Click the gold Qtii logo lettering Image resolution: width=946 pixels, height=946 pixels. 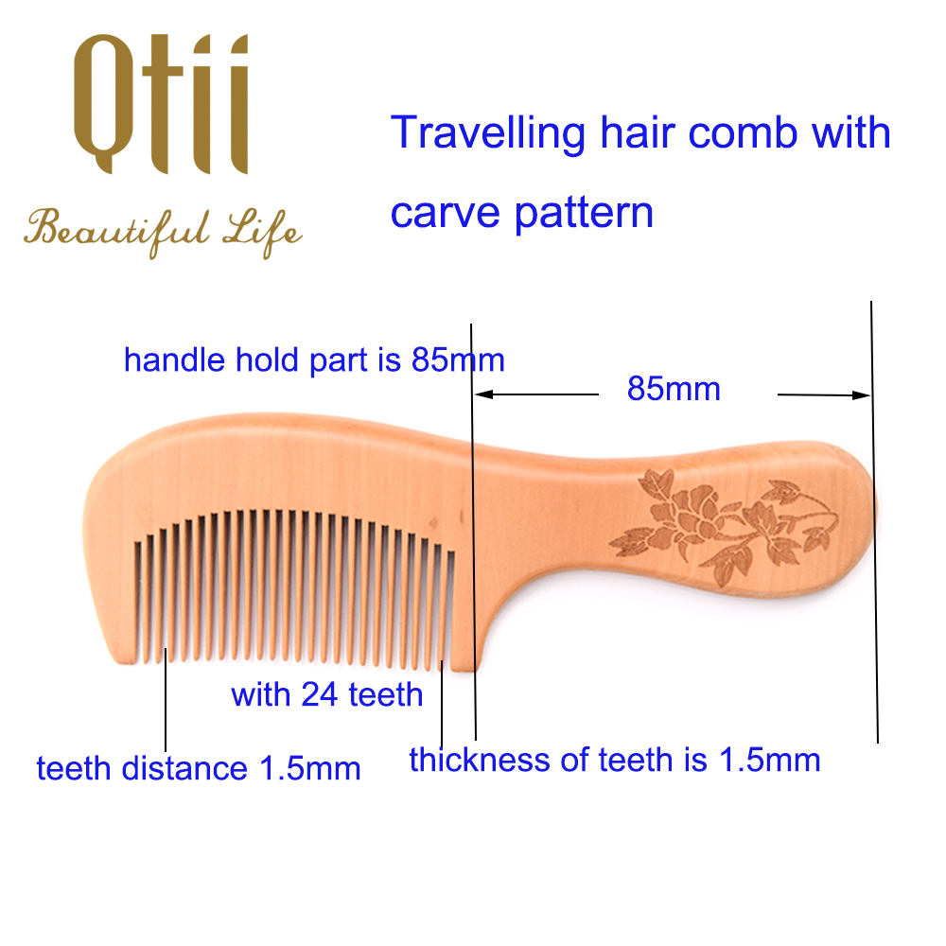161,104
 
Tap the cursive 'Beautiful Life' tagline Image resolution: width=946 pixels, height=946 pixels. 163,234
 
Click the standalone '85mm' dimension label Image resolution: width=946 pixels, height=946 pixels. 674,389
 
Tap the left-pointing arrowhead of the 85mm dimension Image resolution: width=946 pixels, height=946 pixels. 483,394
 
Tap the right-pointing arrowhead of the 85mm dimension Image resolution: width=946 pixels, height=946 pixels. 861,395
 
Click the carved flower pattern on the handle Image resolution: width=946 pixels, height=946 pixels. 724,526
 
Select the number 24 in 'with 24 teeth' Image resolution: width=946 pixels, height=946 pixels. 319,694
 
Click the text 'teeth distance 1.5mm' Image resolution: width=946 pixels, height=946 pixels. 199,768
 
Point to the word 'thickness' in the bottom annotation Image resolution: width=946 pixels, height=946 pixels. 480,760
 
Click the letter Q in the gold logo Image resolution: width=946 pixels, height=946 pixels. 103,104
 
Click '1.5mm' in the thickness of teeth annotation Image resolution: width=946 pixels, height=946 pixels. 770,760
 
